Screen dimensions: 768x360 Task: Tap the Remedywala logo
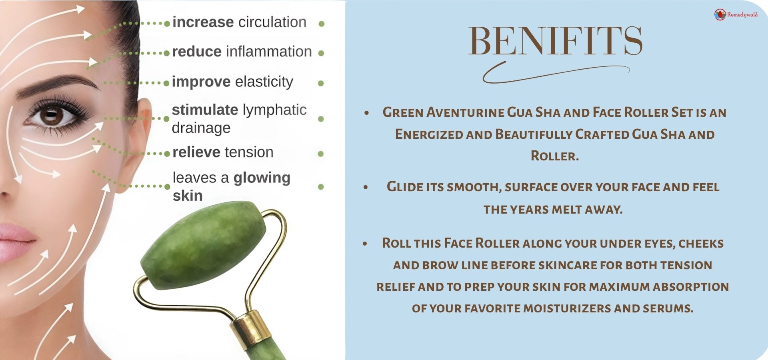click(x=736, y=14)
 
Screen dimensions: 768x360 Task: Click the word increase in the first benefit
click(x=203, y=22)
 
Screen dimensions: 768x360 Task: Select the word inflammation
click(x=269, y=52)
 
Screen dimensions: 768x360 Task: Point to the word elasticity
click(x=264, y=82)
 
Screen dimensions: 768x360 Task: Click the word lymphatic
click(x=275, y=110)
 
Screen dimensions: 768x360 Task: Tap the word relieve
click(x=196, y=152)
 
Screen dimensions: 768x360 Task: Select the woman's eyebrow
click(x=56, y=84)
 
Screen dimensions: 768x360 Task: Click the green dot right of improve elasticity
click(x=320, y=83)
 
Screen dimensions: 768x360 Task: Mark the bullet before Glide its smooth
click(x=366, y=187)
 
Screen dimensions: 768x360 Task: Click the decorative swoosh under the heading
click(x=556, y=73)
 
